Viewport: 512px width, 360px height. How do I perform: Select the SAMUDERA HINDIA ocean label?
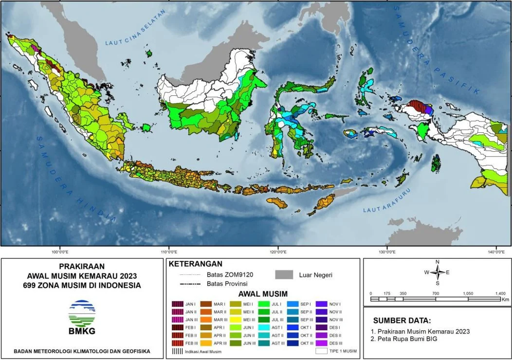point(76,178)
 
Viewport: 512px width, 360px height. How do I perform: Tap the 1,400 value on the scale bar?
point(500,294)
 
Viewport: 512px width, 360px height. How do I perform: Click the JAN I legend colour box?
point(178,304)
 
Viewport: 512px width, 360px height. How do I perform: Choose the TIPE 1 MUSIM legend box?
point(322,350)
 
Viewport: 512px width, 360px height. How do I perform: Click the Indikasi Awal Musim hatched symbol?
point(178,350)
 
